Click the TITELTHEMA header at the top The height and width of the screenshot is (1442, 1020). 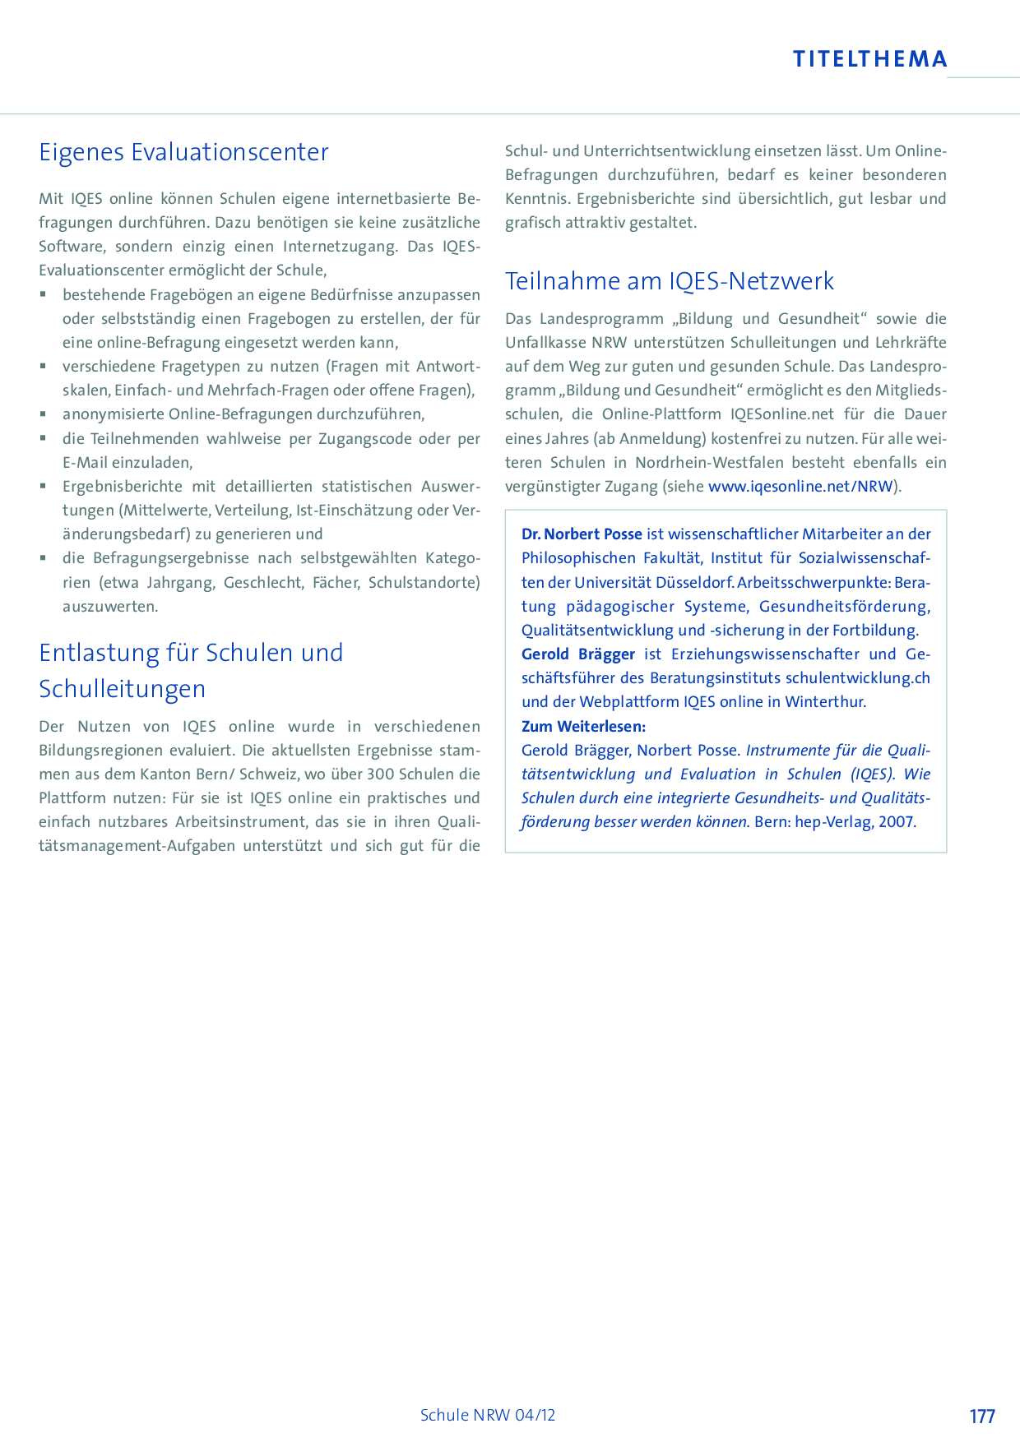click(x=870, y=59)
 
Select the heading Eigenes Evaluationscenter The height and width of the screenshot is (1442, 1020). click(x=183, y=152)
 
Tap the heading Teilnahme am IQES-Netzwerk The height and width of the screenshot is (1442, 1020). click(x=669, y=281)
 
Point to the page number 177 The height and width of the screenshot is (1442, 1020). click(x=982, y=1416)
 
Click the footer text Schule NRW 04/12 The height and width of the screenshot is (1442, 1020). click(x=488, y=1415)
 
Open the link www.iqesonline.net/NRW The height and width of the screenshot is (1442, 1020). click(x=800, y=486)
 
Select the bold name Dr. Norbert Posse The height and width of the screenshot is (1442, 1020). click(x=582, y=534)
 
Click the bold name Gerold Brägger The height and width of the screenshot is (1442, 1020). click(x=578, y=654)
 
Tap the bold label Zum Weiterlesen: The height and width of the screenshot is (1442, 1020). click(x=583, y=726)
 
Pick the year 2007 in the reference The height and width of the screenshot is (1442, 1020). click(x=896, y=821)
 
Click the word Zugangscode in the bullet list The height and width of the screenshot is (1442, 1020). click(x=366, y=439)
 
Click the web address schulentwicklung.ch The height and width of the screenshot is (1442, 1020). click(x=857, y=678)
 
